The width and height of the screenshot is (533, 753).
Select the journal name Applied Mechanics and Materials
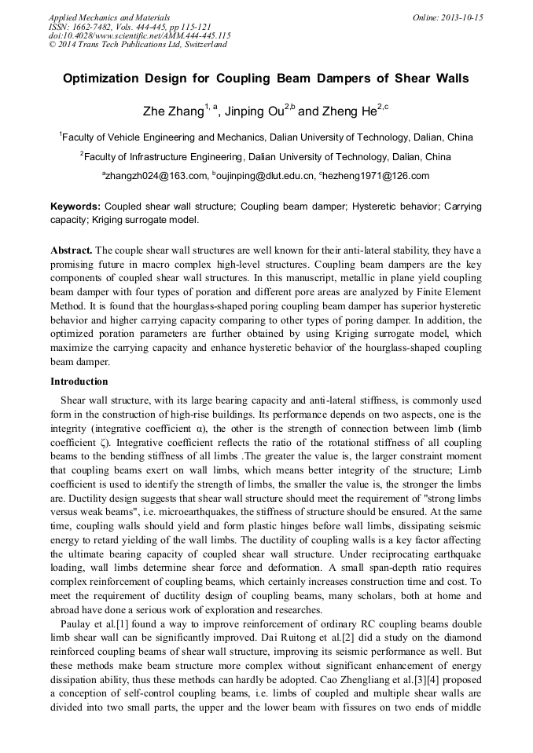pos(99,16)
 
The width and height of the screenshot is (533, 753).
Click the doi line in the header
pos(139,35)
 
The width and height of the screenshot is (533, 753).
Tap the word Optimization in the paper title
pos(107,79)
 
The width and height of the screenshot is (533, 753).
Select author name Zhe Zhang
pos(172,112)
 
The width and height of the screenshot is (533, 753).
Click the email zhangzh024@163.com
pos(157,176)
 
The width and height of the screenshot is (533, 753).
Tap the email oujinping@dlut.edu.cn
pos(266,176)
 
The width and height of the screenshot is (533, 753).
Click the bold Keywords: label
pos(75,207)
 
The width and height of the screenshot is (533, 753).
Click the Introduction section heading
pos(79,382)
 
